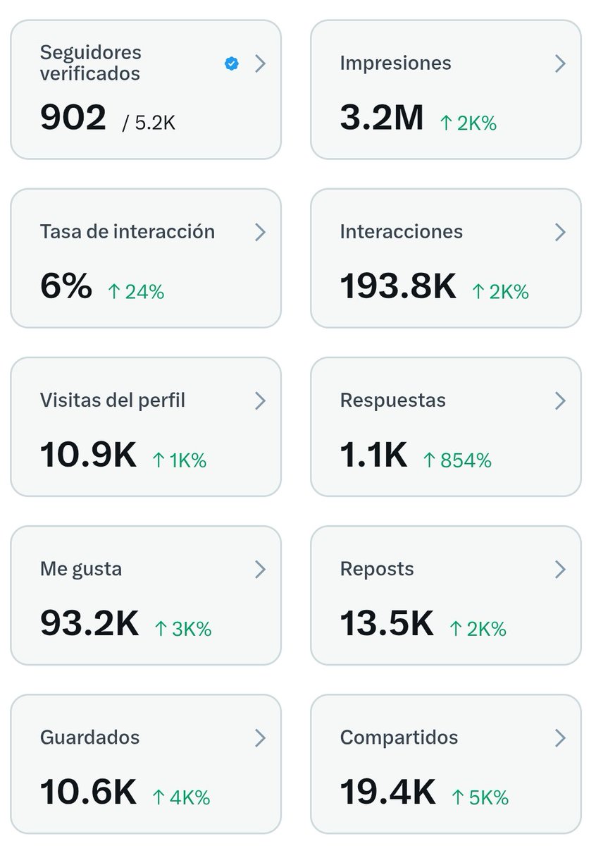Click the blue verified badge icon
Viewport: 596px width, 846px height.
pos(231,64)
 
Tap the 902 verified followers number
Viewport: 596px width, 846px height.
pos(73,117)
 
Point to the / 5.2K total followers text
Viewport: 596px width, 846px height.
pos(149,123)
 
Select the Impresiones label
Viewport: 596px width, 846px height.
pos(395,63)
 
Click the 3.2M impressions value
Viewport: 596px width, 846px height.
pos(381,118)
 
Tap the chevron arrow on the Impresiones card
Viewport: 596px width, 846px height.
pos(560,63)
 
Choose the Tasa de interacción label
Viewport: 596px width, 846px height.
pos(127,232)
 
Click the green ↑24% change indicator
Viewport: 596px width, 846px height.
pos(135,292)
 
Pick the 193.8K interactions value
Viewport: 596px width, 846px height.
pos(398,286)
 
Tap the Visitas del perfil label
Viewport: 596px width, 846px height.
pos(113,400)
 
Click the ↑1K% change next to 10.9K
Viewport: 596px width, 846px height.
pos(179,460)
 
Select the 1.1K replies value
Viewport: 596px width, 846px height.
pos(373,455)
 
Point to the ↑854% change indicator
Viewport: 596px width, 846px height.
pos(457,460)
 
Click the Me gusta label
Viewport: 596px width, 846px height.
pos(81,569)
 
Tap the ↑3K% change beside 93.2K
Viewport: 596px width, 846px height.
pos(182,629)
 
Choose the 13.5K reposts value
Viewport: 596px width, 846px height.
pos(387,623)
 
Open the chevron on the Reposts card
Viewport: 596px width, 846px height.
pos(560,569)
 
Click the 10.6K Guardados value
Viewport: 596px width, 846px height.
pos(88,792)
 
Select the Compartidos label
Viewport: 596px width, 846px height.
pos(399,737)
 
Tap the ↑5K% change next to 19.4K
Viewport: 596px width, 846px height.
pos(479,797)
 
